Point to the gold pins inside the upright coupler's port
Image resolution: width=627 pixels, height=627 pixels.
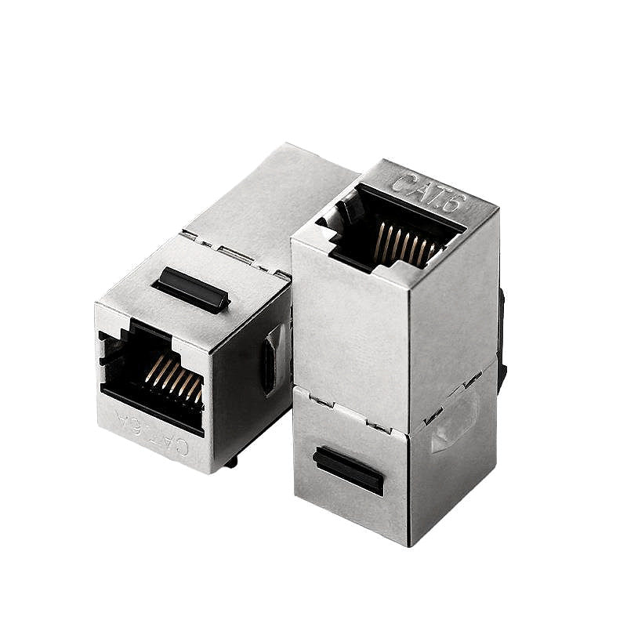click(x=402, y=242)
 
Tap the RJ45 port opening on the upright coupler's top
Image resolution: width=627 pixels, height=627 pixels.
click(x=392, y=227)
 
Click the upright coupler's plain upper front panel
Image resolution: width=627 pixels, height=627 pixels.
click(x=349, y=329)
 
